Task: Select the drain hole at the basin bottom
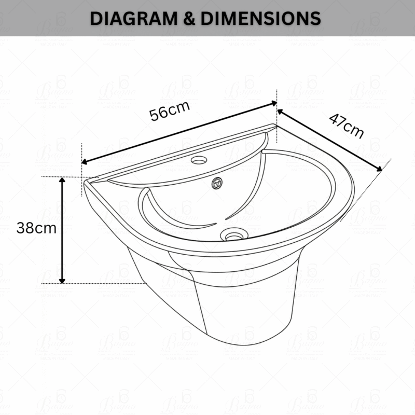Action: (x=231, y=235)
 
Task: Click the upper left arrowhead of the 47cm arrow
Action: (x=280, y=110)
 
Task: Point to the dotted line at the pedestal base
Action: (x=104, y=284)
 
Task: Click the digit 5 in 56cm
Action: (x=155, y=116)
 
